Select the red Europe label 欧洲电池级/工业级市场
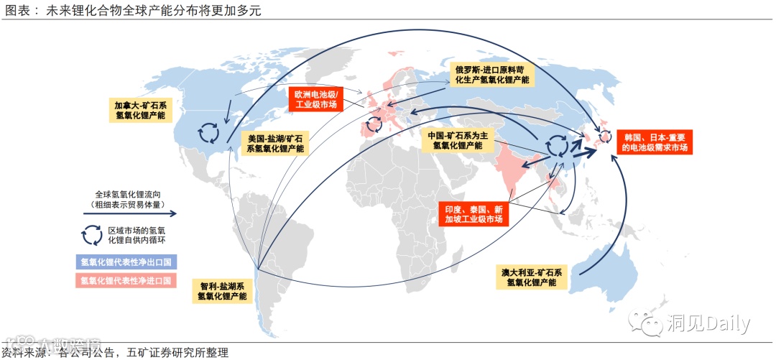pyautogui.click(x=316, y=99)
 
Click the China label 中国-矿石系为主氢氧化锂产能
pyautogui.click(x=458, y=140)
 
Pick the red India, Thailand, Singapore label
pyautogui.click(x=473, y=213)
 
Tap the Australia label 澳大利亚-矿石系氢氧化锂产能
pyautogui.click(x=532, y=277)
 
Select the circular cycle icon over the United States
pyautogui.click(x=209, y=132)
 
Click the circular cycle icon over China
pyautogui.click(x=556, y=146)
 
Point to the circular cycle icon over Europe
pyautogui.click(x=374, y=124)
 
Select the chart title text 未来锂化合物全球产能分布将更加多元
pyautogui.click(x=154, y=10)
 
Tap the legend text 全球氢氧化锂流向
pyautogui.click(x=129, y=194)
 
